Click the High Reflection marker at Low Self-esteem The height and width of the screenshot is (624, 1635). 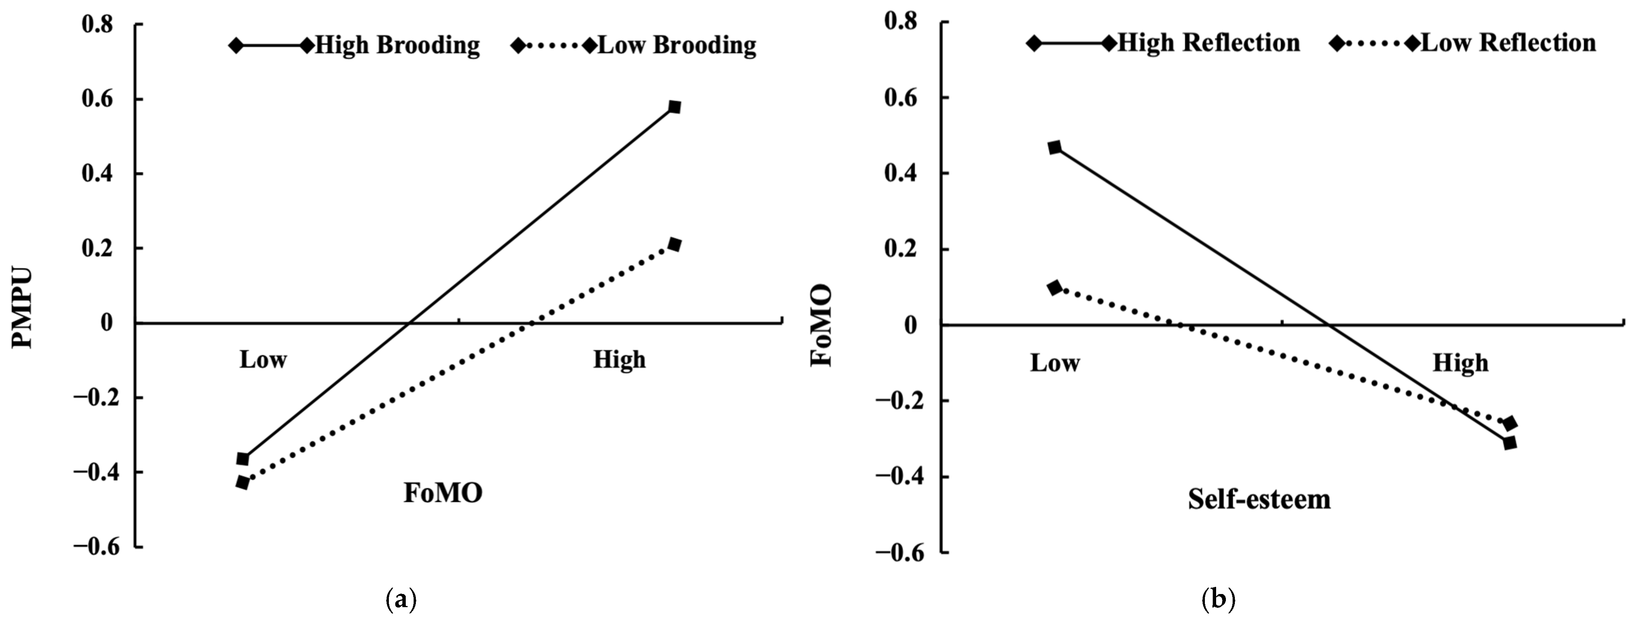[x=1054, y=148]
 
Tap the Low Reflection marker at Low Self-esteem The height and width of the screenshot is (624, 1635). [x=1054, y=288]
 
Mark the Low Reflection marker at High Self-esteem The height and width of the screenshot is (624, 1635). [x=1509, y=423]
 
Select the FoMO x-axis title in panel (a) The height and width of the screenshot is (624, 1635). [x=443, y=493]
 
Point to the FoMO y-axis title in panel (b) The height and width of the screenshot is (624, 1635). [x=823, y=325]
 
